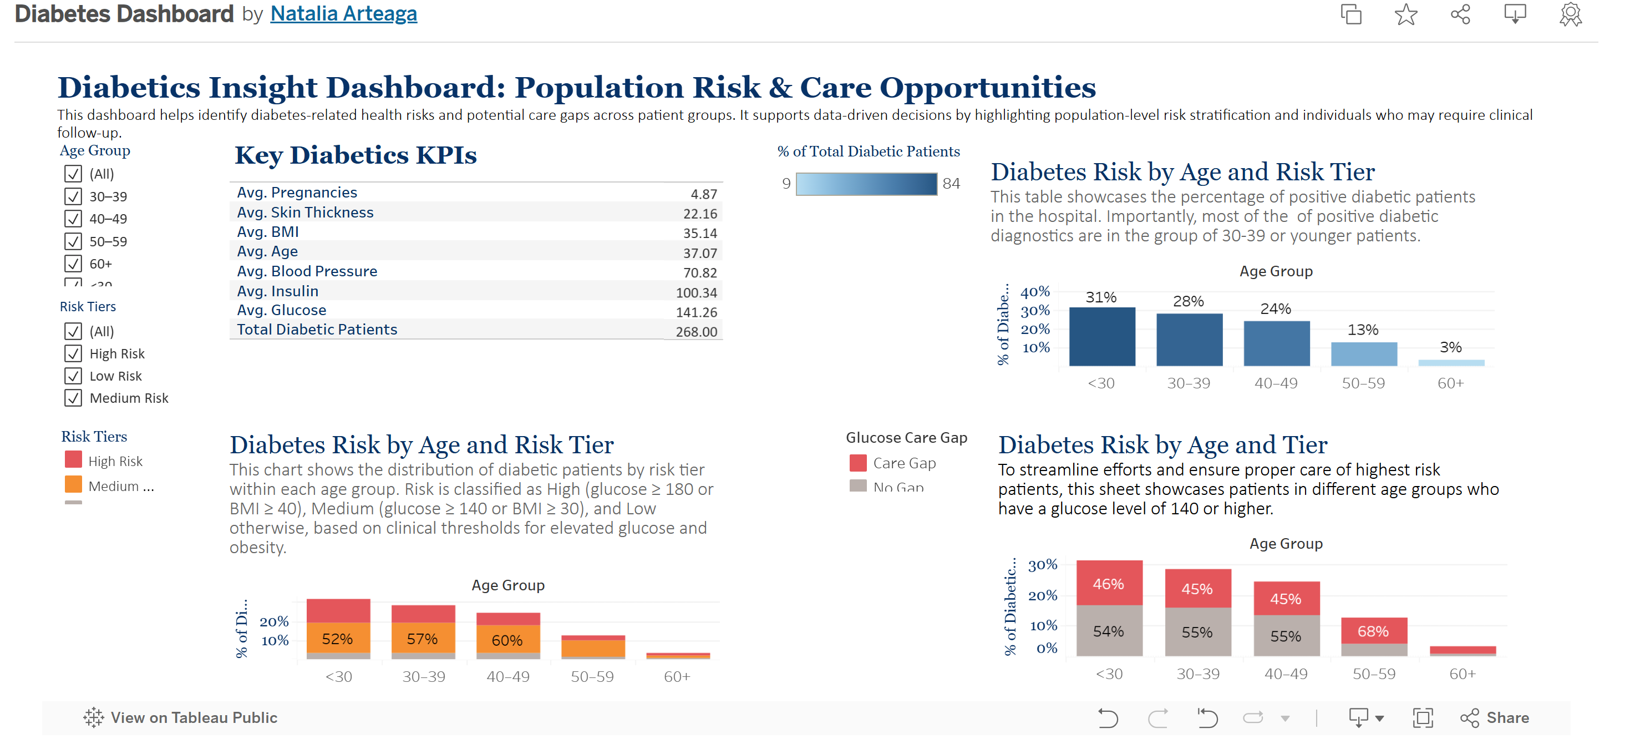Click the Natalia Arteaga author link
click(343, 14)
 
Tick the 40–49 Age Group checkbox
click(73, 219)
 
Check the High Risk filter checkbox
click(73, 353)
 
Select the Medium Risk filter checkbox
click(73, 398)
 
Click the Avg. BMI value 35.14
click(700, 233)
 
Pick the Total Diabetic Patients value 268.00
click(696, 332)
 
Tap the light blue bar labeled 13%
click(1363, 354)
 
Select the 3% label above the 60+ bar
click(1450, 347)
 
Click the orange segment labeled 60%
click(507, 640)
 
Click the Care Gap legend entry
click(903, 463)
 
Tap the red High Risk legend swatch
click(73, 460)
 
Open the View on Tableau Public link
click(181, 718)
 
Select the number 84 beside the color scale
click(951, 184)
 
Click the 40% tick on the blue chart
click(1034, 292)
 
